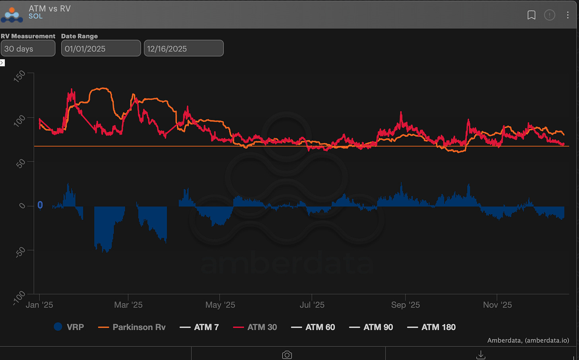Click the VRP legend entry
tap(69, 327)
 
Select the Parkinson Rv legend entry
tap(132, 327)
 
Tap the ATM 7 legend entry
tap(199, 327)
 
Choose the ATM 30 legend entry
tap(255, 327)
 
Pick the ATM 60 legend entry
tap(313, 327)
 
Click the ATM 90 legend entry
tap(371, 327)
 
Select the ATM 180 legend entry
tap(431, 327)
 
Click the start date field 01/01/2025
tap(101, 48)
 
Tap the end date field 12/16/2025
tap(183, 48)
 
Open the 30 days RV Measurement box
tap(28, 48)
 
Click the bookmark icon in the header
tap(531, 15)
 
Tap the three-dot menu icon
tap(567, 15)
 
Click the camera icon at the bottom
tap(287, 354)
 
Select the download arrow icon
tap(481, 354)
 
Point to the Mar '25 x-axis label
tap(128, 305)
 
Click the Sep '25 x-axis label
tap(405, 305)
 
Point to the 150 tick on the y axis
tap(19, 76)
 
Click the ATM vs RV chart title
tap(50, 8)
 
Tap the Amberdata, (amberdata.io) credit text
tap(528, 340)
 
